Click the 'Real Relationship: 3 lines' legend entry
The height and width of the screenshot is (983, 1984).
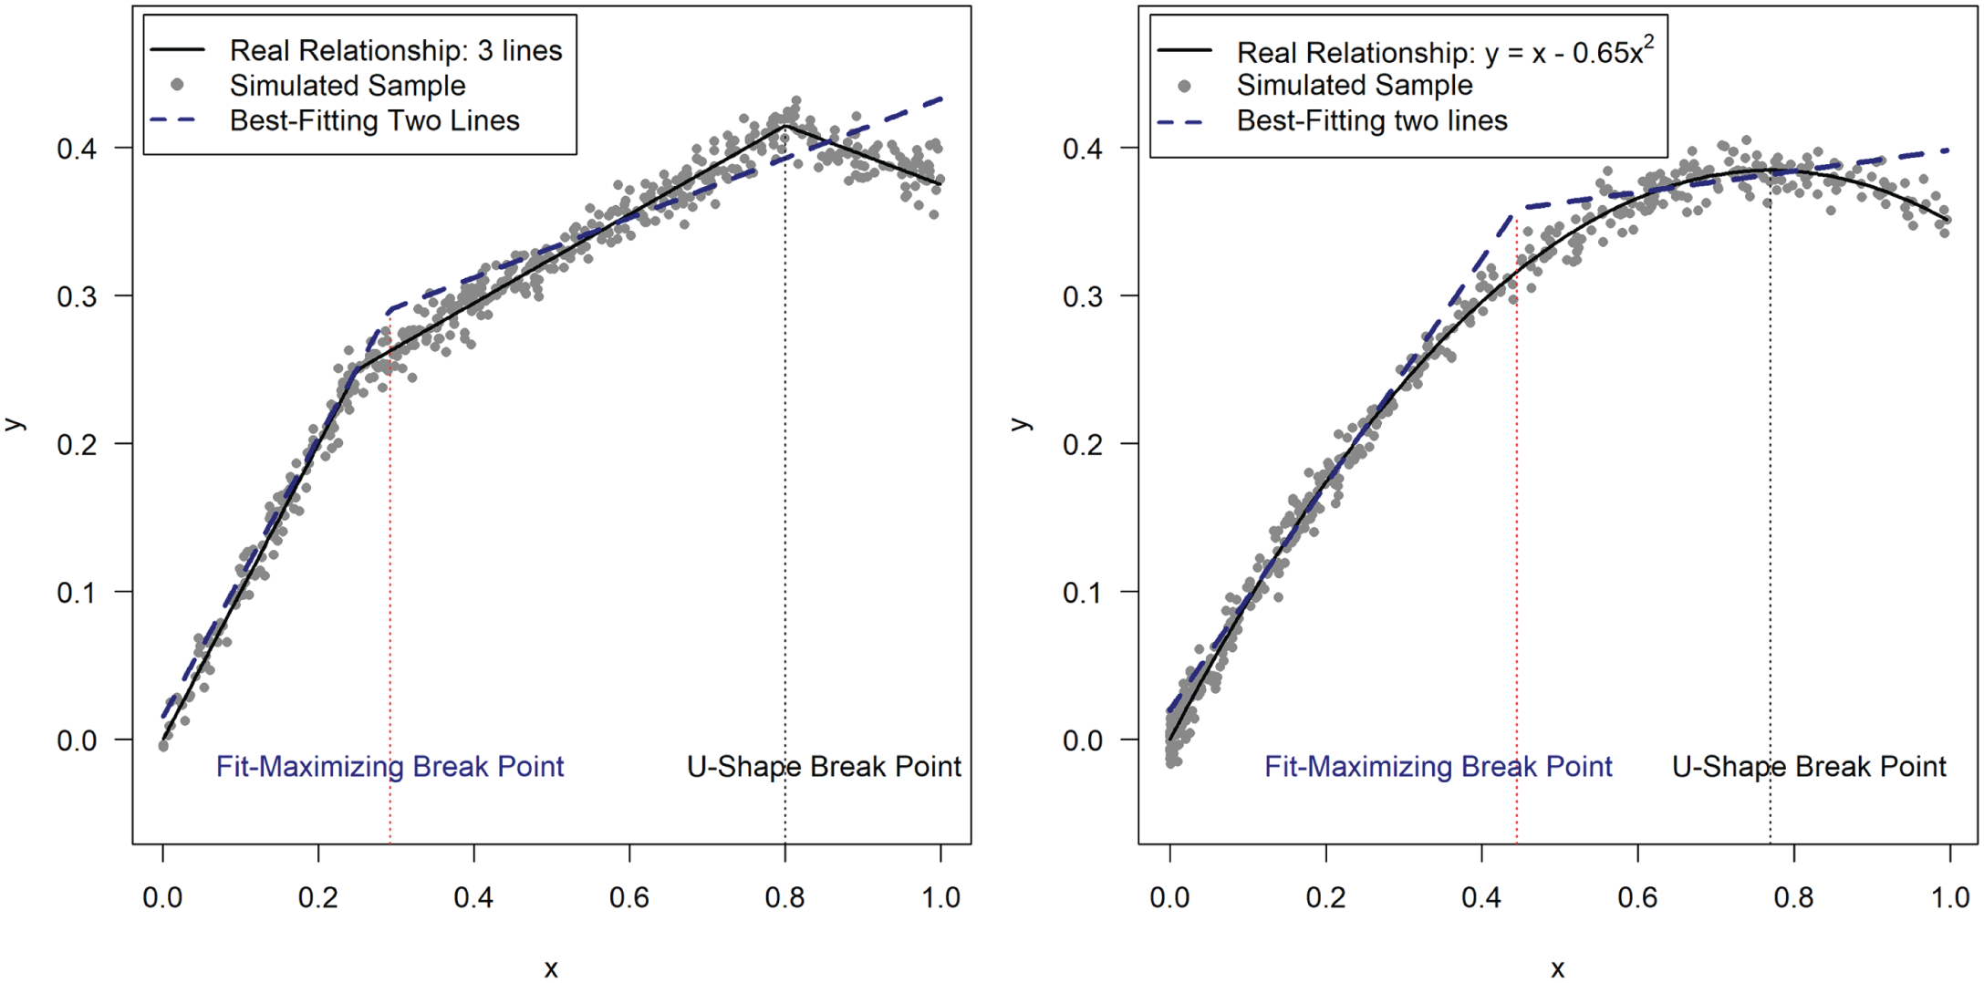(x=395, y=50)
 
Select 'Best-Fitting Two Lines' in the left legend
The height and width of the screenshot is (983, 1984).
(x=374, y=120)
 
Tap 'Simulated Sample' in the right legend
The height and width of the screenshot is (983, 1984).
(x=1354, y=86)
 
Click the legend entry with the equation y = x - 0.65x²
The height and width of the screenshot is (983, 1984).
(x=1444, y=52)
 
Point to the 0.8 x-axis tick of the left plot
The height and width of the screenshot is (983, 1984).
(x=784, y=897)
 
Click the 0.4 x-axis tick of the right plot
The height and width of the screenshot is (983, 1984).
(x=1481, y=897)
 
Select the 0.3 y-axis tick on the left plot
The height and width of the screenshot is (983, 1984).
(x=77, y=296)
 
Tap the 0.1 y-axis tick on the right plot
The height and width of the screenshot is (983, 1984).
(x=1083, y=593)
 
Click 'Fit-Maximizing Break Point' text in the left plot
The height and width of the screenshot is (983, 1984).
(x=390, y=767)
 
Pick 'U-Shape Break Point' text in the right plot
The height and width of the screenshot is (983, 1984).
(x=1809, y=767)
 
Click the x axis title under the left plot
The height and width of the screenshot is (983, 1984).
(x=551, y=968)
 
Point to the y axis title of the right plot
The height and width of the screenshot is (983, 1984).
(x=1022, y=424)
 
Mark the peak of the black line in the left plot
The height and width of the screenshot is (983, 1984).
(x=784, y=126)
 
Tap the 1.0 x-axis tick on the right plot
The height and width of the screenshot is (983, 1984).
(x=1949, y=897)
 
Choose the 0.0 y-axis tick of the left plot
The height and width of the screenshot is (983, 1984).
(x=77, y=740)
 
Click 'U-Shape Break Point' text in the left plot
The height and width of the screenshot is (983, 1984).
(x=824, y=767)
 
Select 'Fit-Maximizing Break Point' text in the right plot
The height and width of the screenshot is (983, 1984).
(x=1438, y=767)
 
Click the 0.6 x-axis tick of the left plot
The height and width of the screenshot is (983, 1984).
(x=629, y=897)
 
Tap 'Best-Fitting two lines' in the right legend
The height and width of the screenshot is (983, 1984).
(x=1371, y=120)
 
